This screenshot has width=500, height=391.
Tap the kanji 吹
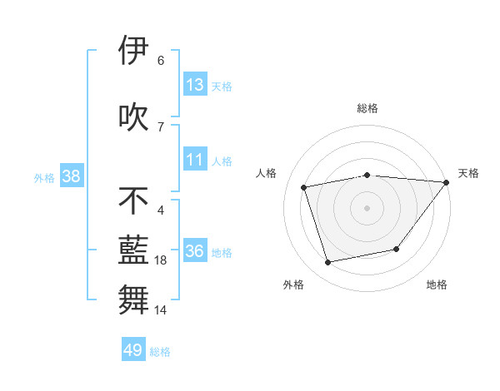133,116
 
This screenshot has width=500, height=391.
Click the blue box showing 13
195,85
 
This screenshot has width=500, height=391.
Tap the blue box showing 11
195,160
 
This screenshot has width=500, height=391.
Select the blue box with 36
195,251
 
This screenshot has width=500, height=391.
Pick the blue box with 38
71,176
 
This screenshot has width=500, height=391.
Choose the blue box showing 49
133,350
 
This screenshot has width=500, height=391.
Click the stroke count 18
161,260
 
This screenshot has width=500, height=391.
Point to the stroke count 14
161,310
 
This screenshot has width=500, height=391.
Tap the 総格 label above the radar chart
367,108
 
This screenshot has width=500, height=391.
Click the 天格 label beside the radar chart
468,173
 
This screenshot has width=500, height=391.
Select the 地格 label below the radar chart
437,285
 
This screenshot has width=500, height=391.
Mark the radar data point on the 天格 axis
447,182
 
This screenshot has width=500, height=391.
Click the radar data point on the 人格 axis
304,187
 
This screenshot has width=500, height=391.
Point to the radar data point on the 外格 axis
328,263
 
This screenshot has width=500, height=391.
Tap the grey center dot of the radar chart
367,208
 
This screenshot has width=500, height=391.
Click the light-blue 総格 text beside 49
160,352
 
